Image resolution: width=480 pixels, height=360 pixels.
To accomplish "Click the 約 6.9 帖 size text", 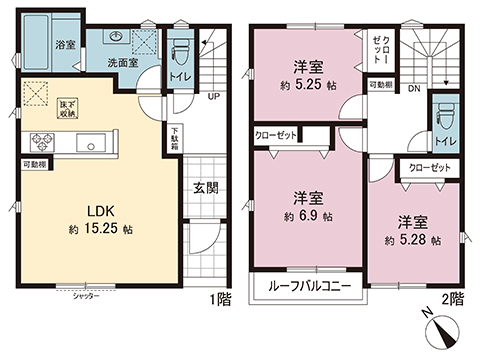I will click(x=307, y=214).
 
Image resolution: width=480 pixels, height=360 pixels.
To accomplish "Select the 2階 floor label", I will click(x=453, y=299).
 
